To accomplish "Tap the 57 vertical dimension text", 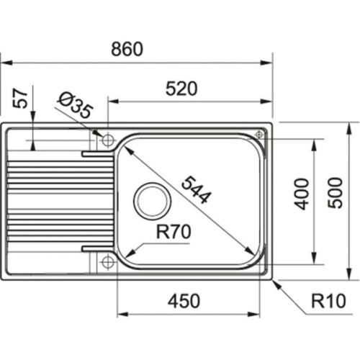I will click(22, 99).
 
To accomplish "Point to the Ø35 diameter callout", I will click(73, 108).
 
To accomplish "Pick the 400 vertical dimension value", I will click(302, 193).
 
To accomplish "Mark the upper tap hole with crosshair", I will click(108, 138).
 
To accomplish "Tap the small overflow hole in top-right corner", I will click(258, 133).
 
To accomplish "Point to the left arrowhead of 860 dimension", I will click(4, 63).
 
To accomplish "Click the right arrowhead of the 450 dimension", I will click(258, 314).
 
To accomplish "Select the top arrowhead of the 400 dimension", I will click(315, 143).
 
